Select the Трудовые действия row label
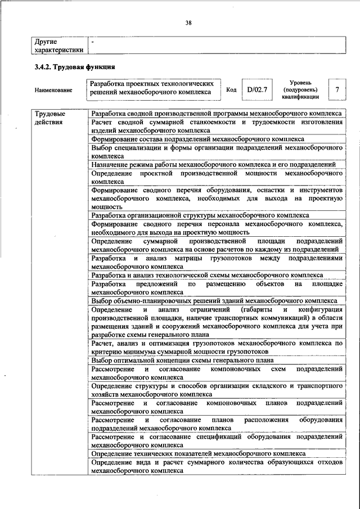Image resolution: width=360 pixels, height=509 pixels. click(49, 117)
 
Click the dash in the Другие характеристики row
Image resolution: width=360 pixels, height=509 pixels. click(93, 42)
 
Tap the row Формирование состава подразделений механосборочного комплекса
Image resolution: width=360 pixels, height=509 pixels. click(197, 138)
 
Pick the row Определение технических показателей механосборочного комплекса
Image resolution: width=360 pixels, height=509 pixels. click(199, 453)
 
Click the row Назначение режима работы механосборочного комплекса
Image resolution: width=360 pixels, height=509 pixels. click(213, 164)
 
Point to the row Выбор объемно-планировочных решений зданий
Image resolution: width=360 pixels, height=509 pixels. click(214, 301)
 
